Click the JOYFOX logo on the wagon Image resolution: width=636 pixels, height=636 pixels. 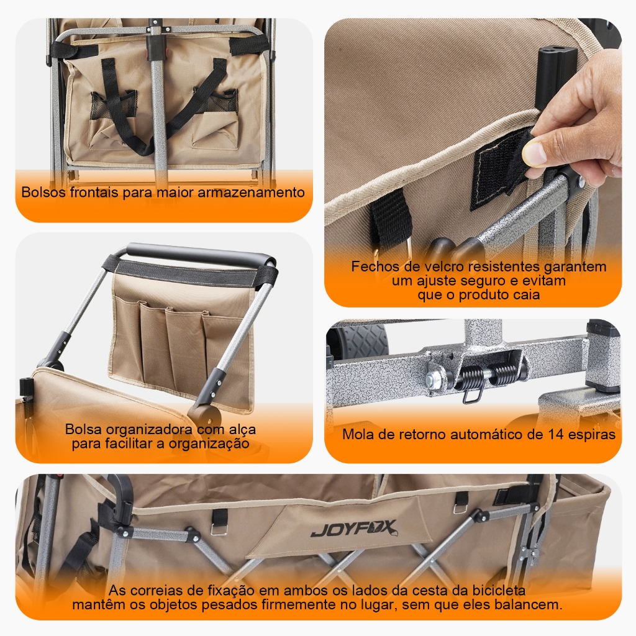[x=353, y=529]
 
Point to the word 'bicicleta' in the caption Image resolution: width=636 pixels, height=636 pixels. [x=499, y=590]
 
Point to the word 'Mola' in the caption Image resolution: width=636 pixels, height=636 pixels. [x=357, y=434]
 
